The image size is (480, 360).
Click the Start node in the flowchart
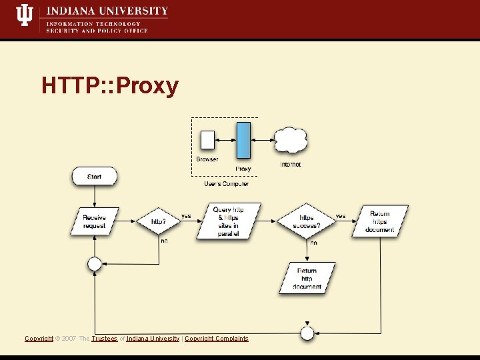[94, 176]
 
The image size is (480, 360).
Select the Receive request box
[94, 221]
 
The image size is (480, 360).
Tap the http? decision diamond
[159, 221]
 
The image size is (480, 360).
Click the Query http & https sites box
[228, 221]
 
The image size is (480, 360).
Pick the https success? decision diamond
[306, 221]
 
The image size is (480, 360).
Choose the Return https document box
[380, 221]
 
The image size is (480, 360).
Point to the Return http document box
[307, 279]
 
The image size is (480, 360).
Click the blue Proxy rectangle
[244, 141]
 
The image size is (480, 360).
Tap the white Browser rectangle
[207, 140]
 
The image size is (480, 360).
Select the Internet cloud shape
[291, 141]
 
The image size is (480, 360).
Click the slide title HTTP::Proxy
[110, 86]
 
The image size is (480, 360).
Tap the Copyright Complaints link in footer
[216, 339]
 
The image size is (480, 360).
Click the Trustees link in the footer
[105, 339]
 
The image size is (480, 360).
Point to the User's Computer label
[226, 184]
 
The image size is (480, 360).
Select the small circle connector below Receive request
[95, 264]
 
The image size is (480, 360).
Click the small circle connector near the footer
[307, 333]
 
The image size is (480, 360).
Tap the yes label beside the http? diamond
[186, 216]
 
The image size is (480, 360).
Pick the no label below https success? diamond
[313, 243]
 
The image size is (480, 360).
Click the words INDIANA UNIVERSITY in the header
[107, 11]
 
